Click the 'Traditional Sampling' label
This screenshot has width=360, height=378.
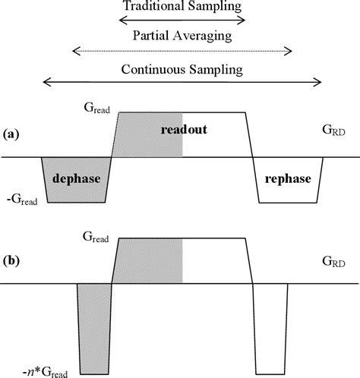click(x=182, y=6)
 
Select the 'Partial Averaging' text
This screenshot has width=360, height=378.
click(x=182, y=35)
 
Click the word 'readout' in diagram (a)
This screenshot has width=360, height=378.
click(x=184, y=131)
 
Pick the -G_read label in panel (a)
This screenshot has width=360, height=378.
click(x=24, y=201)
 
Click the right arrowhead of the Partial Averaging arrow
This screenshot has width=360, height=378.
click(x=289, y=51)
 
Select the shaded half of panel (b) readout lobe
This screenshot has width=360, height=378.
click(x=150, y=261)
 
